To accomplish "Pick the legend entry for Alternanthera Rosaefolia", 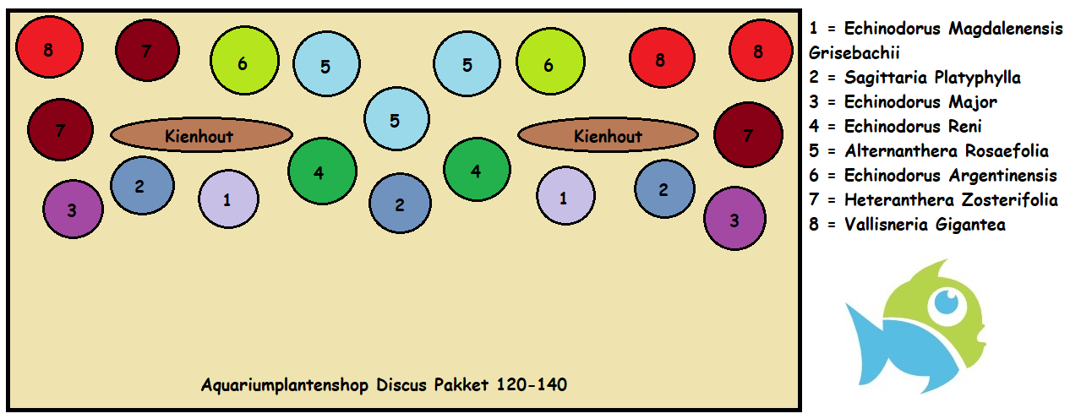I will click(x=928, y=151).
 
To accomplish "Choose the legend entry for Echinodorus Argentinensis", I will click(x=932, y=176).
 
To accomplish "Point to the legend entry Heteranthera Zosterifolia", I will click(x=933, y=200).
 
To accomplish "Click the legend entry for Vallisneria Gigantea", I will click(x=907, y=225).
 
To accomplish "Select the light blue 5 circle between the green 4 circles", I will click(x=396, y=120).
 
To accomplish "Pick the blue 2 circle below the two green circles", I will click(x=400, y=204).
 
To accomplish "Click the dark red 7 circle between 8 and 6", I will click(x=147, y=51).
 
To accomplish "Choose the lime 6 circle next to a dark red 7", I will click(x=244, y=63).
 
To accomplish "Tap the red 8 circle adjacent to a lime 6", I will click(x=660, y=60).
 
